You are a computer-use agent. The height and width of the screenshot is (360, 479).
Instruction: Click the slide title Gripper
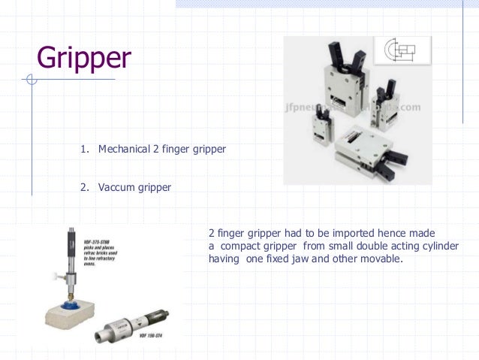(x=84, y=58)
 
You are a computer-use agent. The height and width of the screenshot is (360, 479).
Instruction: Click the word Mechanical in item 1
(x=124, y=150)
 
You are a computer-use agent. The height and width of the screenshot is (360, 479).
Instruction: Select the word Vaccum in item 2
(x=115, y=186)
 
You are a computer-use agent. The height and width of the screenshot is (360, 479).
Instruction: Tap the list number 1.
(x=84, y=150)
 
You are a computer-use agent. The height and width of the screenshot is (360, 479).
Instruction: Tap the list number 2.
(x=84, y=186)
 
